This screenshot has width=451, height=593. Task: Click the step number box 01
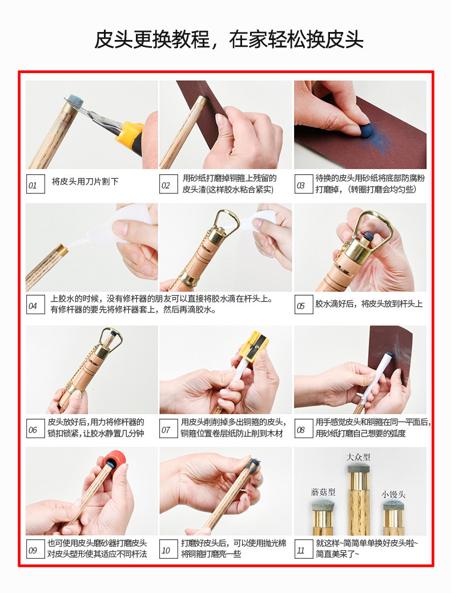(35, 184)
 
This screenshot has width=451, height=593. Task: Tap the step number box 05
(304, 305)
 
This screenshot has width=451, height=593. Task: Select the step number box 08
(304, 429)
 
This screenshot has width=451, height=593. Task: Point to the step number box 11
(304, 550)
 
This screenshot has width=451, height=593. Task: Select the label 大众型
(358, 457)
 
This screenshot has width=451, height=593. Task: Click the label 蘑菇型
(323, 492)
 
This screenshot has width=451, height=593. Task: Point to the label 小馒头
(393, 494)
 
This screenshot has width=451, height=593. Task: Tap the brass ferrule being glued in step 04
(62, 250)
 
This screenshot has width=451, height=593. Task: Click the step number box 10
(168, 550)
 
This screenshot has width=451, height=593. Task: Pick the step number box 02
(168, 184)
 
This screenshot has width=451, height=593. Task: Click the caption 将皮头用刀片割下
(85, 182)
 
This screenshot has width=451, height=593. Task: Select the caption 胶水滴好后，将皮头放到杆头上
(369, 304)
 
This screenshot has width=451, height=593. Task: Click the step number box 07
(168, 429)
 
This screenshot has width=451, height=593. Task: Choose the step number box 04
(35, 305)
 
